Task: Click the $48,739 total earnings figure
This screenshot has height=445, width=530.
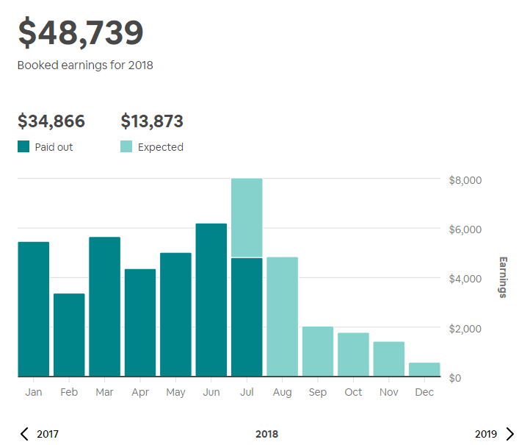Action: click(x=81, y=33)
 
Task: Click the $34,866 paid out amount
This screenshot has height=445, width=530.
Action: click(x=51, y=121)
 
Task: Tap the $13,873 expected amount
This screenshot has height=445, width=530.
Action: click(x=152, y=121)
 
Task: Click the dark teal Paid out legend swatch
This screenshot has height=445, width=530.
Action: click(x=23, y=146)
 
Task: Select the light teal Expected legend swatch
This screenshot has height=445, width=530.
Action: click(x=126, y=146)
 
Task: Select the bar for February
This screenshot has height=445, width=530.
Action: click(x=69, y=335)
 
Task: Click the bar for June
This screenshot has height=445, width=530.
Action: click(x=211, y=300)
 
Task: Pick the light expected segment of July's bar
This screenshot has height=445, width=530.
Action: click(x=247, y=218)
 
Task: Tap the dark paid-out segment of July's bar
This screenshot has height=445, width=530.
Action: click(x=247, y=317)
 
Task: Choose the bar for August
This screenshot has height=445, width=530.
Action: click(x=282, y=317)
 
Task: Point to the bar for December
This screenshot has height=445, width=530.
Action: click(x=424, y=369)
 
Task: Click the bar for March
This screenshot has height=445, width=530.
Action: click(x=104, y=307)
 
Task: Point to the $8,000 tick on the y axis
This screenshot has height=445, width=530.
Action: click(x=465, y=180)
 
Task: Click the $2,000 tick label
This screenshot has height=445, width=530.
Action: click(x=465, y=328)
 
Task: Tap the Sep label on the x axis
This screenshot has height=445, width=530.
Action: click(x=318, y=392)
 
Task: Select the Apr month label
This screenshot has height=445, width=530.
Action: click(x=140, y=392)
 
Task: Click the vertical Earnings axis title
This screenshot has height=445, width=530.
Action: click(x=503, y=277)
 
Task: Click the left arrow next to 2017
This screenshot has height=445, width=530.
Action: click(x=24, y=434)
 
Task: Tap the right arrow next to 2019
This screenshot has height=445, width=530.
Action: click(x=510, y=434)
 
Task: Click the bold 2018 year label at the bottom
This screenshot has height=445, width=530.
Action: click(x=266, y=434)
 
